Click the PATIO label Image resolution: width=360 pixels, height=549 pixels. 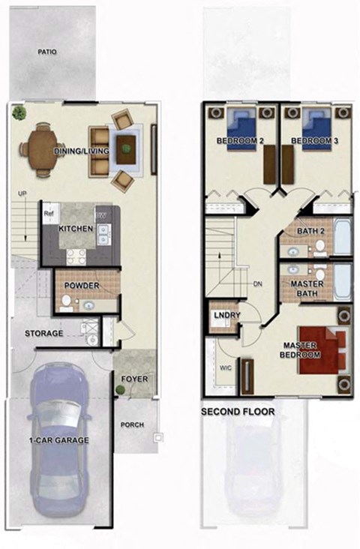point(47,52)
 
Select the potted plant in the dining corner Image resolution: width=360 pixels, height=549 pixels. point(18,112)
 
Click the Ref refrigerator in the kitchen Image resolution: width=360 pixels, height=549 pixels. point(49,212)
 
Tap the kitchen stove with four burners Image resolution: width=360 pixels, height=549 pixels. point(76,256)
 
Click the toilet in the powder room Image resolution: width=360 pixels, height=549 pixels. point(66,301)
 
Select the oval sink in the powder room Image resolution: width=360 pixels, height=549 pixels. point(88,305)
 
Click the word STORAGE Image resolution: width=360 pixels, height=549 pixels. point(43,333)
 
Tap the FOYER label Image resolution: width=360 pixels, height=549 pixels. point(135,379)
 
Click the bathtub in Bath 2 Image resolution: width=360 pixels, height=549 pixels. point(342,237)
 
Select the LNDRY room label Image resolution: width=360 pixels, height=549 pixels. point(226,316)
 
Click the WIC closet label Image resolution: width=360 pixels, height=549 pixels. point(225,368)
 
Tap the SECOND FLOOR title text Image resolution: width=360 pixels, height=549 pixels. point(237,412)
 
